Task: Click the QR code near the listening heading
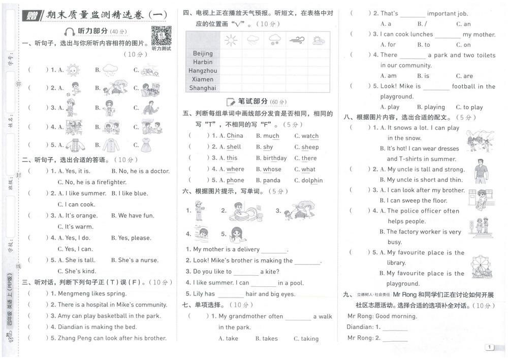click(x=161, y=35)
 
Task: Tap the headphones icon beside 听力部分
click(x=70, y=31)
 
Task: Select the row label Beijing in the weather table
click(x=203, y=53)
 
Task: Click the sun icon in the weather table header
click(x=231, y=40)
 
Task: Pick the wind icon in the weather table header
click(x=296, y=40)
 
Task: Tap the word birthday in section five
click(x=275, y=158)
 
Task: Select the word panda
click(x=272, y=180)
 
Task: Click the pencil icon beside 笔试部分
click(x=231, y=102)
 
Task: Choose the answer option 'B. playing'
click(x=431, y=107)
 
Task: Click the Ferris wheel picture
click(x=481, y=267)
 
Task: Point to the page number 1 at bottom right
click(x=489, y=347)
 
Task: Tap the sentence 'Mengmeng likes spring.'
click(x=92, y=293)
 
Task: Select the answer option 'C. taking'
click(x=306, y=339)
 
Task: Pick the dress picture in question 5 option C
click(x=146, y=145)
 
